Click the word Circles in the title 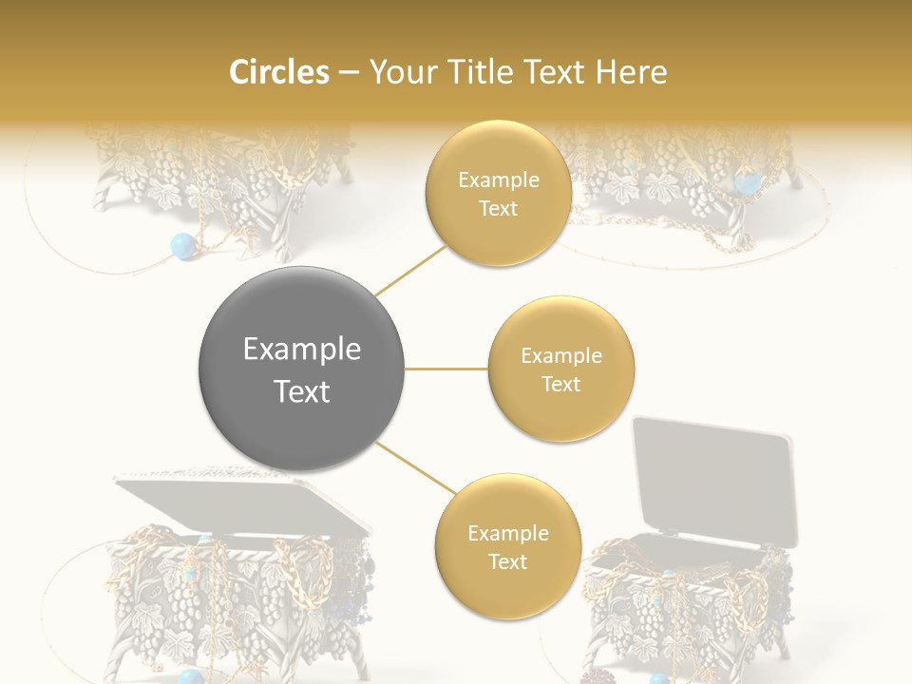pos(278,72)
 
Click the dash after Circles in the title pos(349,73)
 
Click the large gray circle pos(302,369)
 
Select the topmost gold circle pos(498,193)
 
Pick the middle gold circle pos(560,369)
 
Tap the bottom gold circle pos(507,546)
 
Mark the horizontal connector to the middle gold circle pos(446,369)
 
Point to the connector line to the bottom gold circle pos(414,469)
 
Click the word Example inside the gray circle pos(302,350)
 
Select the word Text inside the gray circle pos(302,390)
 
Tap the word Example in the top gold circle pos(498,180)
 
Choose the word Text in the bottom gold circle pos(507,561)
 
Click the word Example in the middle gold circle pos(560,356)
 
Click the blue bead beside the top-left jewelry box pos(180,247)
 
